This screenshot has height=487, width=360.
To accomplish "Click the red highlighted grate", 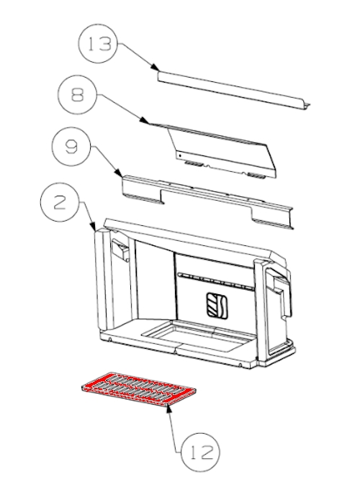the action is (138, 389).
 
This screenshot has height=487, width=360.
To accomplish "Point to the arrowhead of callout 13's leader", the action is (155, 67).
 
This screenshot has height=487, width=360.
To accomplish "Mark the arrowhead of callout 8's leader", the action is (143, 121).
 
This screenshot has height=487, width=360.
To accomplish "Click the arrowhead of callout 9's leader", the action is (118, 173).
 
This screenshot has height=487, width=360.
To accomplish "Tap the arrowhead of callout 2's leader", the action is (92, 227).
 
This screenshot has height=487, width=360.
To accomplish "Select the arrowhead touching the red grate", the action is (168, 409).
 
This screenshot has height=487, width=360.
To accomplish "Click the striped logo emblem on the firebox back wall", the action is (217, 305).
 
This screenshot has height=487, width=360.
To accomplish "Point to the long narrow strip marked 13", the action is (234, 91).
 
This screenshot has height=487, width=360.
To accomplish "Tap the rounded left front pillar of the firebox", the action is (102, 278).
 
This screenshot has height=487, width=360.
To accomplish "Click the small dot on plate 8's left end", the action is (180, 155).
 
